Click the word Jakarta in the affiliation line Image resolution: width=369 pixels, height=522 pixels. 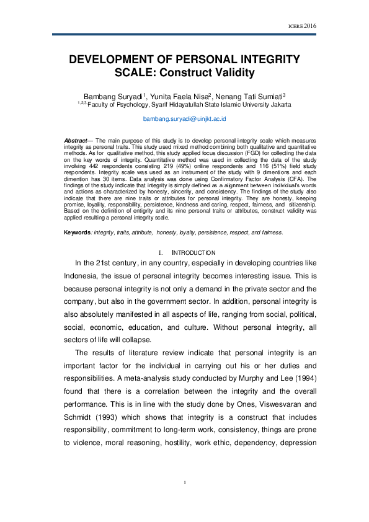pyautogui.click(x=277, y=105)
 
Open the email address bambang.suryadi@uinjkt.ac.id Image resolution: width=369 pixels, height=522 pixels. pyautogui.click(x=184, y=118)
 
